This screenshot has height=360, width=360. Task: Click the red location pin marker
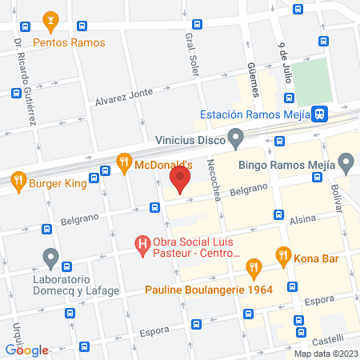[x=181, y=180]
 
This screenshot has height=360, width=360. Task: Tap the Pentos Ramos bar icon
[x=50, y=19]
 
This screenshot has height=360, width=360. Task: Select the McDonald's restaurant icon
[x=123, y=163]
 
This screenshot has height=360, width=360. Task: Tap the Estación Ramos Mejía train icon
[x=319, y=114]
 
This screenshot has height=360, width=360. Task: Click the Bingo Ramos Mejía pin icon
[x=346, y=166]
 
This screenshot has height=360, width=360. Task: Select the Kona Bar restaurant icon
[x=282, y=256]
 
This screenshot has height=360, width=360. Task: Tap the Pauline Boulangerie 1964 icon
[x=253, y=267]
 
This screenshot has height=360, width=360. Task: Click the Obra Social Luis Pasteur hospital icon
[x=142, y=242]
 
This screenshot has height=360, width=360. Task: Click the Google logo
[x=27, y=350]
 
